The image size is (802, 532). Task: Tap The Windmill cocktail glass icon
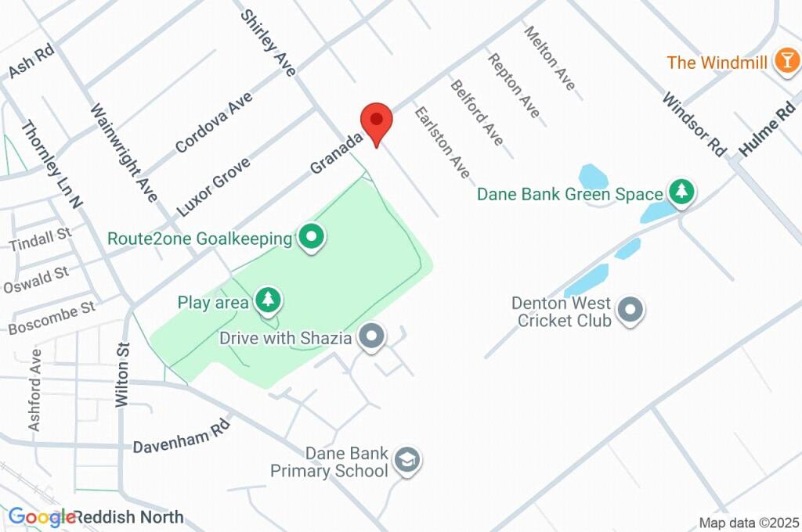[x=785, y=62]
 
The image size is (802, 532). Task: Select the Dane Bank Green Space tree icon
[x=681, y=192]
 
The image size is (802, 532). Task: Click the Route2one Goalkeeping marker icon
[x=312, y=237]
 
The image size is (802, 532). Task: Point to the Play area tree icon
[x=269, y=300]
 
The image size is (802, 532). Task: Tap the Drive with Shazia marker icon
[x=372, y=338]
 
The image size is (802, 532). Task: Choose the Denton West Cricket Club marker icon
[x=630, y=311]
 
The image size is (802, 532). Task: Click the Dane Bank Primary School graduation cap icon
[x=407, y=462]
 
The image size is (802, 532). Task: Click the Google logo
[x=42, y=517]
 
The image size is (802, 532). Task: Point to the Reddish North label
[x=130, y=517]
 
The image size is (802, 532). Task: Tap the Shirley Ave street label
[x=269, y=42]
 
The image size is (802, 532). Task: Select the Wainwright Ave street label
[x=124, y=153]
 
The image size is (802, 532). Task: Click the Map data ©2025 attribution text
[x=748, y=523]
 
